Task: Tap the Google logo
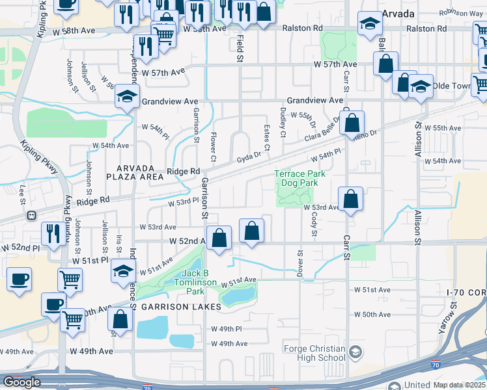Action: click(21, 382)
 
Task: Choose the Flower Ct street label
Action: click(213, 146)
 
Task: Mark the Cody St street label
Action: click(314, 227)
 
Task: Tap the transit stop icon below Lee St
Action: click(30, 215)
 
